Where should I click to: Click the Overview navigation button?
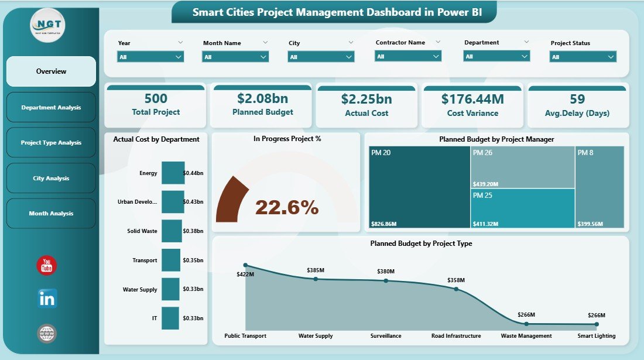[x=51, y=71]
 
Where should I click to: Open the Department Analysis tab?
[x=51, y=107]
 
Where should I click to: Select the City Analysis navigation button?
[x=51, y=178]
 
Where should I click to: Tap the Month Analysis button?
[x=51, y=214]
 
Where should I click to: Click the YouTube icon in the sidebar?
[x=47, y=265]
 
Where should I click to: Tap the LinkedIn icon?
[x=47, y=299]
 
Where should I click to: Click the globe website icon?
[x=47, y=334]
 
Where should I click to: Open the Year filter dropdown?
[x=151, y=57]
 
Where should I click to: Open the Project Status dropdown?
[x=583, y=57]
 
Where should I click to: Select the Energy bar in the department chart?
[x=173, y=173]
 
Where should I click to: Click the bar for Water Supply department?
[x=170, y=289]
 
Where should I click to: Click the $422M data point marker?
[x=245, y=265]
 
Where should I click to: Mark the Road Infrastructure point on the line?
[x=456, y=289]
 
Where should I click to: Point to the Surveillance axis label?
[x=385, y=336]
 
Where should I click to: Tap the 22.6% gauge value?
[x=287, y=207]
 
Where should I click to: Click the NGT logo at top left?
[x=47, y=26]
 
